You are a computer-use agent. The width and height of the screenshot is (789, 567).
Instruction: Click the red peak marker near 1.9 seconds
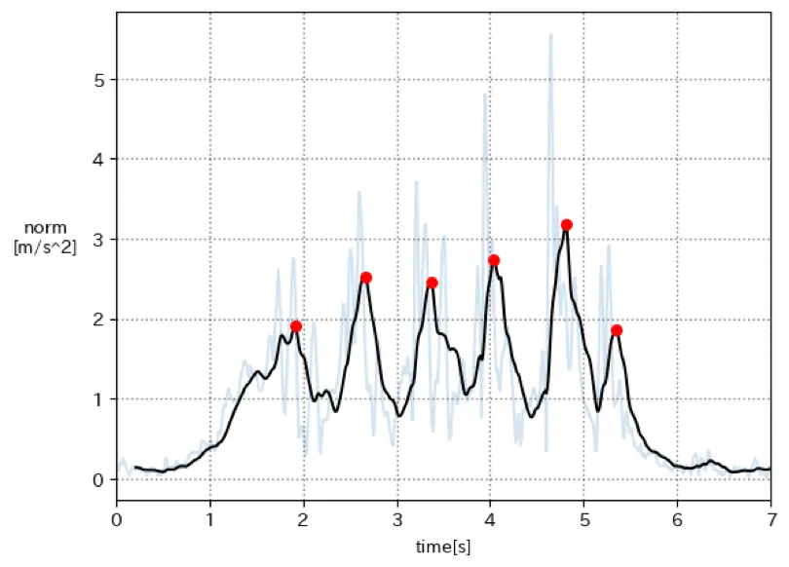coord(296,326)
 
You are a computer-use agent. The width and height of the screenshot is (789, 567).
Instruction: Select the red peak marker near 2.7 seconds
coord(366,278)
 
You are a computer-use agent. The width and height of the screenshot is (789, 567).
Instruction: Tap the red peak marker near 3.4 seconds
coord(432,283)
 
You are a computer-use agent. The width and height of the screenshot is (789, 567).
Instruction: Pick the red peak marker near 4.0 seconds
coord(494,260)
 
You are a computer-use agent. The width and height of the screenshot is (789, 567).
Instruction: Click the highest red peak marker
coord(567,225)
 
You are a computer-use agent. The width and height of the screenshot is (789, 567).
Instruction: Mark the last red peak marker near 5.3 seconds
coord(617,330)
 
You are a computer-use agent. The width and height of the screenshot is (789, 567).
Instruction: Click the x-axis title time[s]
coord(443,547)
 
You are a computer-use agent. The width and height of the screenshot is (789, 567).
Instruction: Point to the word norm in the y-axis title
coord(45,228)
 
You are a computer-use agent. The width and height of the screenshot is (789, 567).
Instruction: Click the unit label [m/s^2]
coord(45,246)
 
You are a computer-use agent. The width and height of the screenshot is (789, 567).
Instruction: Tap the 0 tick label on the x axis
coord(117,518)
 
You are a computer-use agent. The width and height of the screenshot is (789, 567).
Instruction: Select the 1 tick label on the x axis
coord(210,518)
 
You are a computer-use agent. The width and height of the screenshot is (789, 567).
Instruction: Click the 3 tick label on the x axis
coord(397,518)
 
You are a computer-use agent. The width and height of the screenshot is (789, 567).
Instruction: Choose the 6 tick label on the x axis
coord(678,518)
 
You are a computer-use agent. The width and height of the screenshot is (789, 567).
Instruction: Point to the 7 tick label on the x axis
coord(770,518)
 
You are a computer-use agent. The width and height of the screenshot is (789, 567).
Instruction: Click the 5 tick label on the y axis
coord(97,79)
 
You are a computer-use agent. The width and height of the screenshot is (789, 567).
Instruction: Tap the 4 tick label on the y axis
coord(97,159)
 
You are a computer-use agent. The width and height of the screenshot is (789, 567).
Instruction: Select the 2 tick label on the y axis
coord(97,320)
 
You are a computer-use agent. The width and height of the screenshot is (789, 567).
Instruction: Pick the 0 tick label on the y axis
coord(97,479)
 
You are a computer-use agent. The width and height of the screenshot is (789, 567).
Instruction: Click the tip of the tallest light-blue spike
coord(551,34)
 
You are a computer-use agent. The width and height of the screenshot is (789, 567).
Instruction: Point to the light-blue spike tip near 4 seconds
coord(485,94)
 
